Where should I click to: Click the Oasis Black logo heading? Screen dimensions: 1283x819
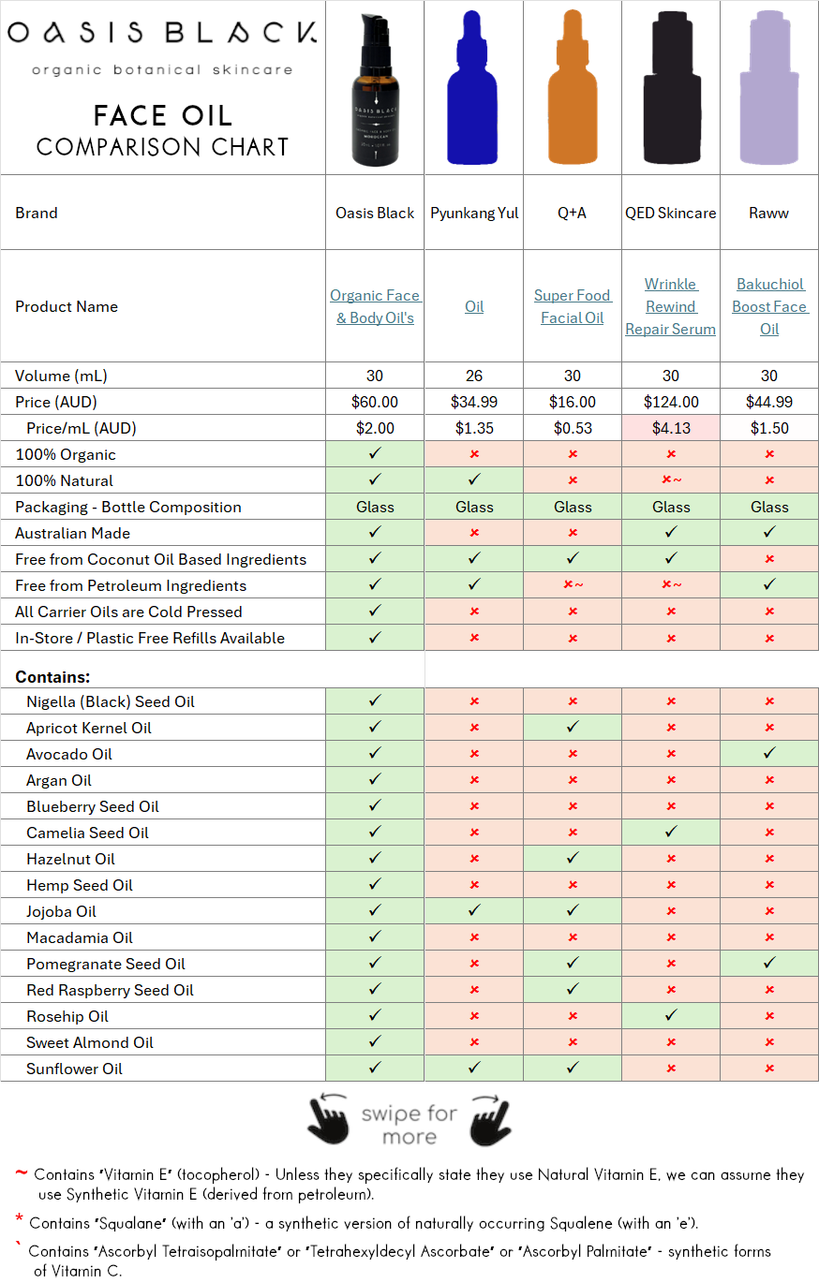(x=162, y=34)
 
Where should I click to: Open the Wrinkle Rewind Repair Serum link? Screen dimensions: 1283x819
(x=670, y=306)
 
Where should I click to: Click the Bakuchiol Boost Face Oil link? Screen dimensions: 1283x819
(x=769, y=306)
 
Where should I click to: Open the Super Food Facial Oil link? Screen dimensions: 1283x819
(x=573, y=306)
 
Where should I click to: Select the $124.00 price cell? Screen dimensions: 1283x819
(x=670, y=402)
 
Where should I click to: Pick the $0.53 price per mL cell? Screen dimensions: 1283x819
(x=573, y=428)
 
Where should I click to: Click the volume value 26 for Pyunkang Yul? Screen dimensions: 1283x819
(x=474, y=376)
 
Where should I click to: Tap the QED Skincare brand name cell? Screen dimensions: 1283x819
(x=670, y=213)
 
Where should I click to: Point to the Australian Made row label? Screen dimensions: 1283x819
(x=72, y=533)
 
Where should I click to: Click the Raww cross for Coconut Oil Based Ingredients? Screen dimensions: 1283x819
(x=769, y=559)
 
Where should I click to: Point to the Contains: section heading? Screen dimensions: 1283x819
(x=52, y=676)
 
